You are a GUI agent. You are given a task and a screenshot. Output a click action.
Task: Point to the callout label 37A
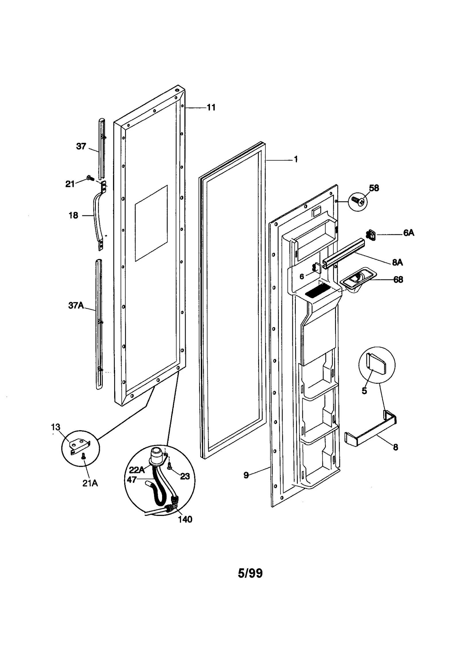76,305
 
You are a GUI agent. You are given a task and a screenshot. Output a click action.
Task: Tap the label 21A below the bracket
90,483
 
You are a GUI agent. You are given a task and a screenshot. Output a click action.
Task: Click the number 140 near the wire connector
185,519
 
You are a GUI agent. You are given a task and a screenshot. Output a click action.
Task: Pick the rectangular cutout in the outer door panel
151,223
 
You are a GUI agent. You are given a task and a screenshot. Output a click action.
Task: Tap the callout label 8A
397,262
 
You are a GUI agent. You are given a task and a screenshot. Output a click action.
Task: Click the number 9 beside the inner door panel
246,475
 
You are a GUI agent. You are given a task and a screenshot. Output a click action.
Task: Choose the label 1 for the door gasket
296,159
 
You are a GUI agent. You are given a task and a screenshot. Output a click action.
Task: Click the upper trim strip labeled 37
102,148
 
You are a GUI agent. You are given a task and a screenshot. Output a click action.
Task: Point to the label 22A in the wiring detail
137,470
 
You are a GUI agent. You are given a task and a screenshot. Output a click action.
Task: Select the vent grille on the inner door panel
316,293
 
